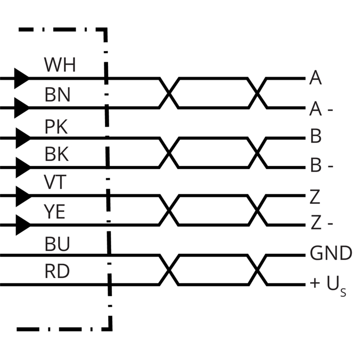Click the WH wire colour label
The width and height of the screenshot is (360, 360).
(x=60, y=64)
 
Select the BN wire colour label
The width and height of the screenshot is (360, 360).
(x=58, y=94)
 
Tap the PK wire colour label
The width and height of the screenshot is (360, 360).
(x=56, y=126)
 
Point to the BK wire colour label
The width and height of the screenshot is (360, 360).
(x=57, y=154)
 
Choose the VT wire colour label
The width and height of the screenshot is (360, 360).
(x=55, y=182)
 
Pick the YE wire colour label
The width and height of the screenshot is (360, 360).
(x=54, y=211)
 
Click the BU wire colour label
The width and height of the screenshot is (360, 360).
(x=57, y=243)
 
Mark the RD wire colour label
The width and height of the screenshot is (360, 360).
(x=57, y=271)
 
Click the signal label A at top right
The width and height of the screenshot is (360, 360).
(x=315, y=77)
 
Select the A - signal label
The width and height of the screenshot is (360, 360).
(x=321, y=109)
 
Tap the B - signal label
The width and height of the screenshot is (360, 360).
(x=321, y=165)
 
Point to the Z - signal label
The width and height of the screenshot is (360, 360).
(x=321, y=222)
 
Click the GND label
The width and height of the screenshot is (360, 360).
(x=331, y=253)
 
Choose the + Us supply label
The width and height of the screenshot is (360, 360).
(x=328, y=285)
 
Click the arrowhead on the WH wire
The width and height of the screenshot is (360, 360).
(x=22, y=78)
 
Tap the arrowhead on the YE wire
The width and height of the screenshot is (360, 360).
(x=23, y=225)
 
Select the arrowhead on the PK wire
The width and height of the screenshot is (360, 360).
(x=23, y=138)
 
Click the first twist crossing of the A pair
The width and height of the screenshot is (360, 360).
(x=169, y=93)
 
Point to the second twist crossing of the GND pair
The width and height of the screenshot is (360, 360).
(x=257, y=270)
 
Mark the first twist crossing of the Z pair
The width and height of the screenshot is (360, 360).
(x=169, y=210)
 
